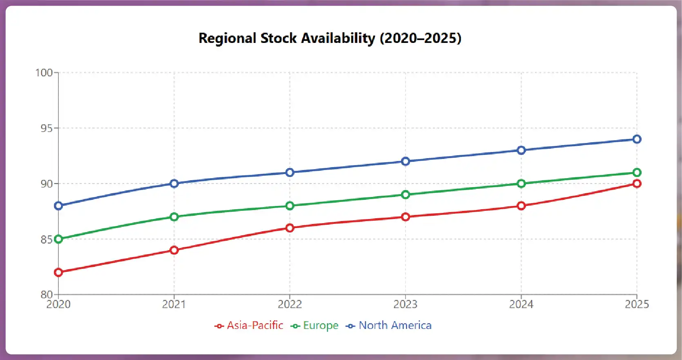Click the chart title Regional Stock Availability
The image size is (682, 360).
coord(330,38)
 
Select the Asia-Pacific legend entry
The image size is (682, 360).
coord(249,325)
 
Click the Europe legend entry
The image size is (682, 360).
coord(315,325)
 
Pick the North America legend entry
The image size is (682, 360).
coord(389,325)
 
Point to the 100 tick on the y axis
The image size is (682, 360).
coord(44,73)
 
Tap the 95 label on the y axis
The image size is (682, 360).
coord(47,128)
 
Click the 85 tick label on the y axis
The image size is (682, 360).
coord(47,239)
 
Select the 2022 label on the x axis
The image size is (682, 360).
coord(290,304)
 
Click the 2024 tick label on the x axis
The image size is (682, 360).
coord(521,304)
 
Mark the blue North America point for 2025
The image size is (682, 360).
coord(637,139)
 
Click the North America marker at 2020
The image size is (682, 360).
coord(58,206)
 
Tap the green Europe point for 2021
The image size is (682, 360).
coord(174,217)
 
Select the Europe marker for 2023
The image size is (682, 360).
coord(406,195)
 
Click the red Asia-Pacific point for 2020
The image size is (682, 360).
coord(58,272)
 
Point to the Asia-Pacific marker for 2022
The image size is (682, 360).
coord(290,228)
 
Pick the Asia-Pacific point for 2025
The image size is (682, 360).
coord(637,183)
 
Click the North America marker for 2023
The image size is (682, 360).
coord(406,161)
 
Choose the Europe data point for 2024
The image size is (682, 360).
coord(521,183)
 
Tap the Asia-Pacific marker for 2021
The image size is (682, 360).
coord(174,250)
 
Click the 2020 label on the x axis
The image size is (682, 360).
coord(58,304)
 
